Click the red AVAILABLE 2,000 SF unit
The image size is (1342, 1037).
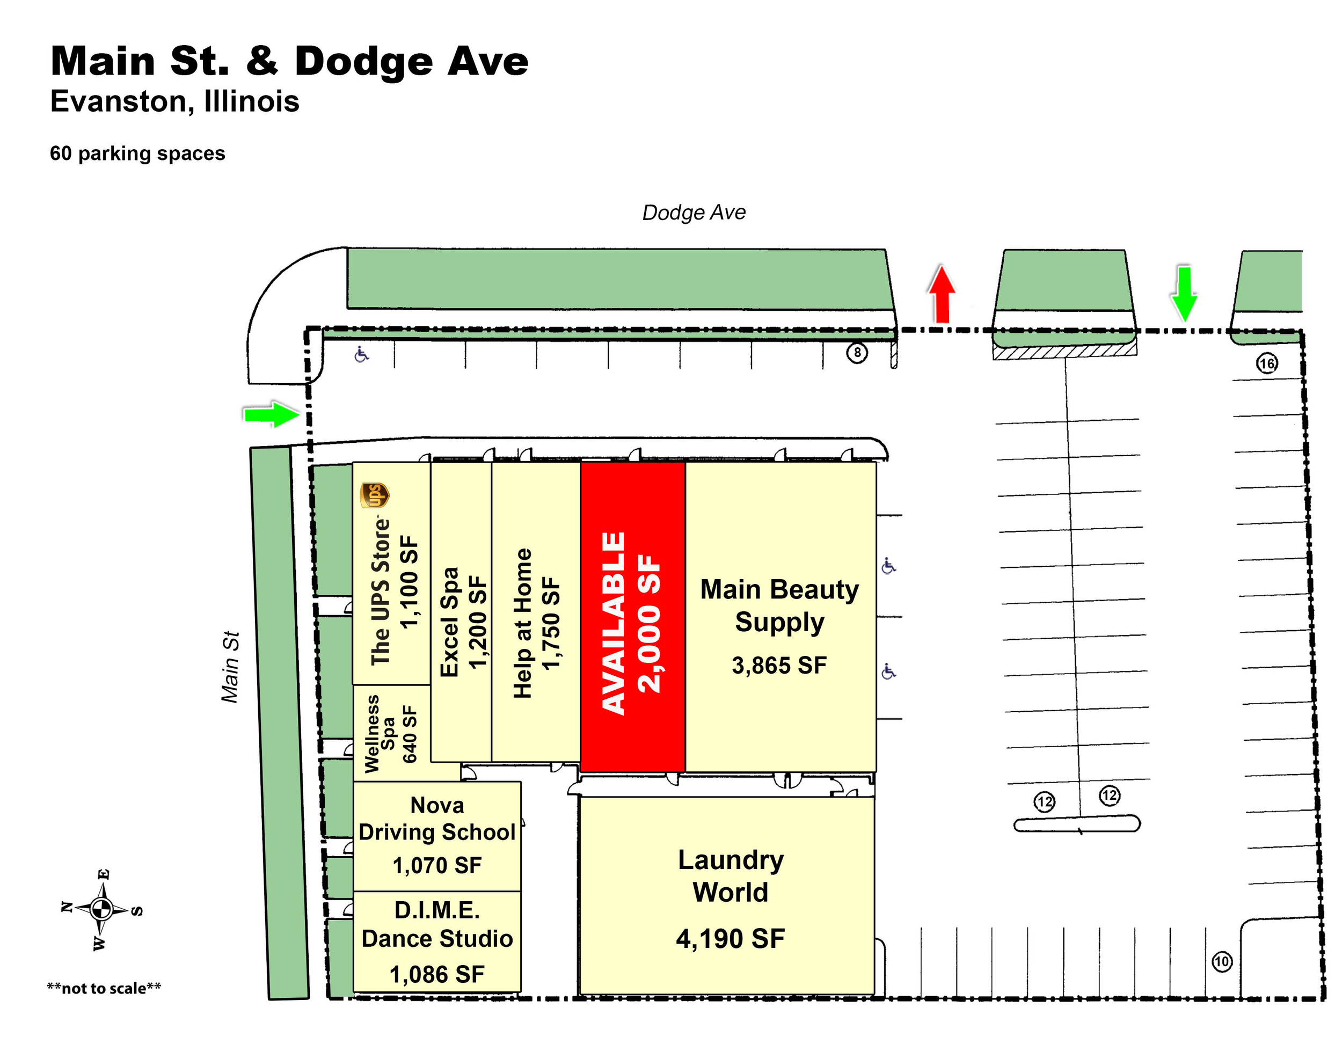632,617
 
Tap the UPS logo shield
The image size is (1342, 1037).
374,495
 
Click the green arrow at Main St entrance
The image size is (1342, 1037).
271,415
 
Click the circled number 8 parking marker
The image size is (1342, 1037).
857,353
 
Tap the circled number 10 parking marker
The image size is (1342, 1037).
1222,961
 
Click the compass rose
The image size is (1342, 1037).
101,908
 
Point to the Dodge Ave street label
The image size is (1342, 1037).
694,213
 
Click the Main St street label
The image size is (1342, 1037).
230,667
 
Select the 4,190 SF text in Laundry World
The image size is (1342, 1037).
730,939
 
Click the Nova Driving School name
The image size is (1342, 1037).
437,819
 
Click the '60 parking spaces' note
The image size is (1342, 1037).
137,153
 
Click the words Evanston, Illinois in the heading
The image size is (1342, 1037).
174,101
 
